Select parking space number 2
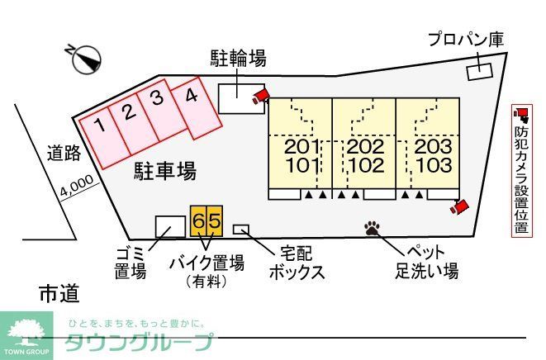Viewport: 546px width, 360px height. pos(128,112)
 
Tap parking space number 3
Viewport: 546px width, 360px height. pos(157,102)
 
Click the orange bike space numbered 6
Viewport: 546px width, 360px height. pos(199,220)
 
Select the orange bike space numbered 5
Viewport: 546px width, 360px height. pos(214,220)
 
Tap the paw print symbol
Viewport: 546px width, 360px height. pos(372,226)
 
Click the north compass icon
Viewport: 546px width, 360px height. pos(86,59)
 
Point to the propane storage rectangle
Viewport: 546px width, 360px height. pos(478,71)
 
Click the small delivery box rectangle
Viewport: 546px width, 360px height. pos(241,229)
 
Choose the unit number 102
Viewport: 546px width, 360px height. pos(365,164)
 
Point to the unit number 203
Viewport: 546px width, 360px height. pos(432,147)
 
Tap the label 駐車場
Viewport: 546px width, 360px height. pos(164,172)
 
